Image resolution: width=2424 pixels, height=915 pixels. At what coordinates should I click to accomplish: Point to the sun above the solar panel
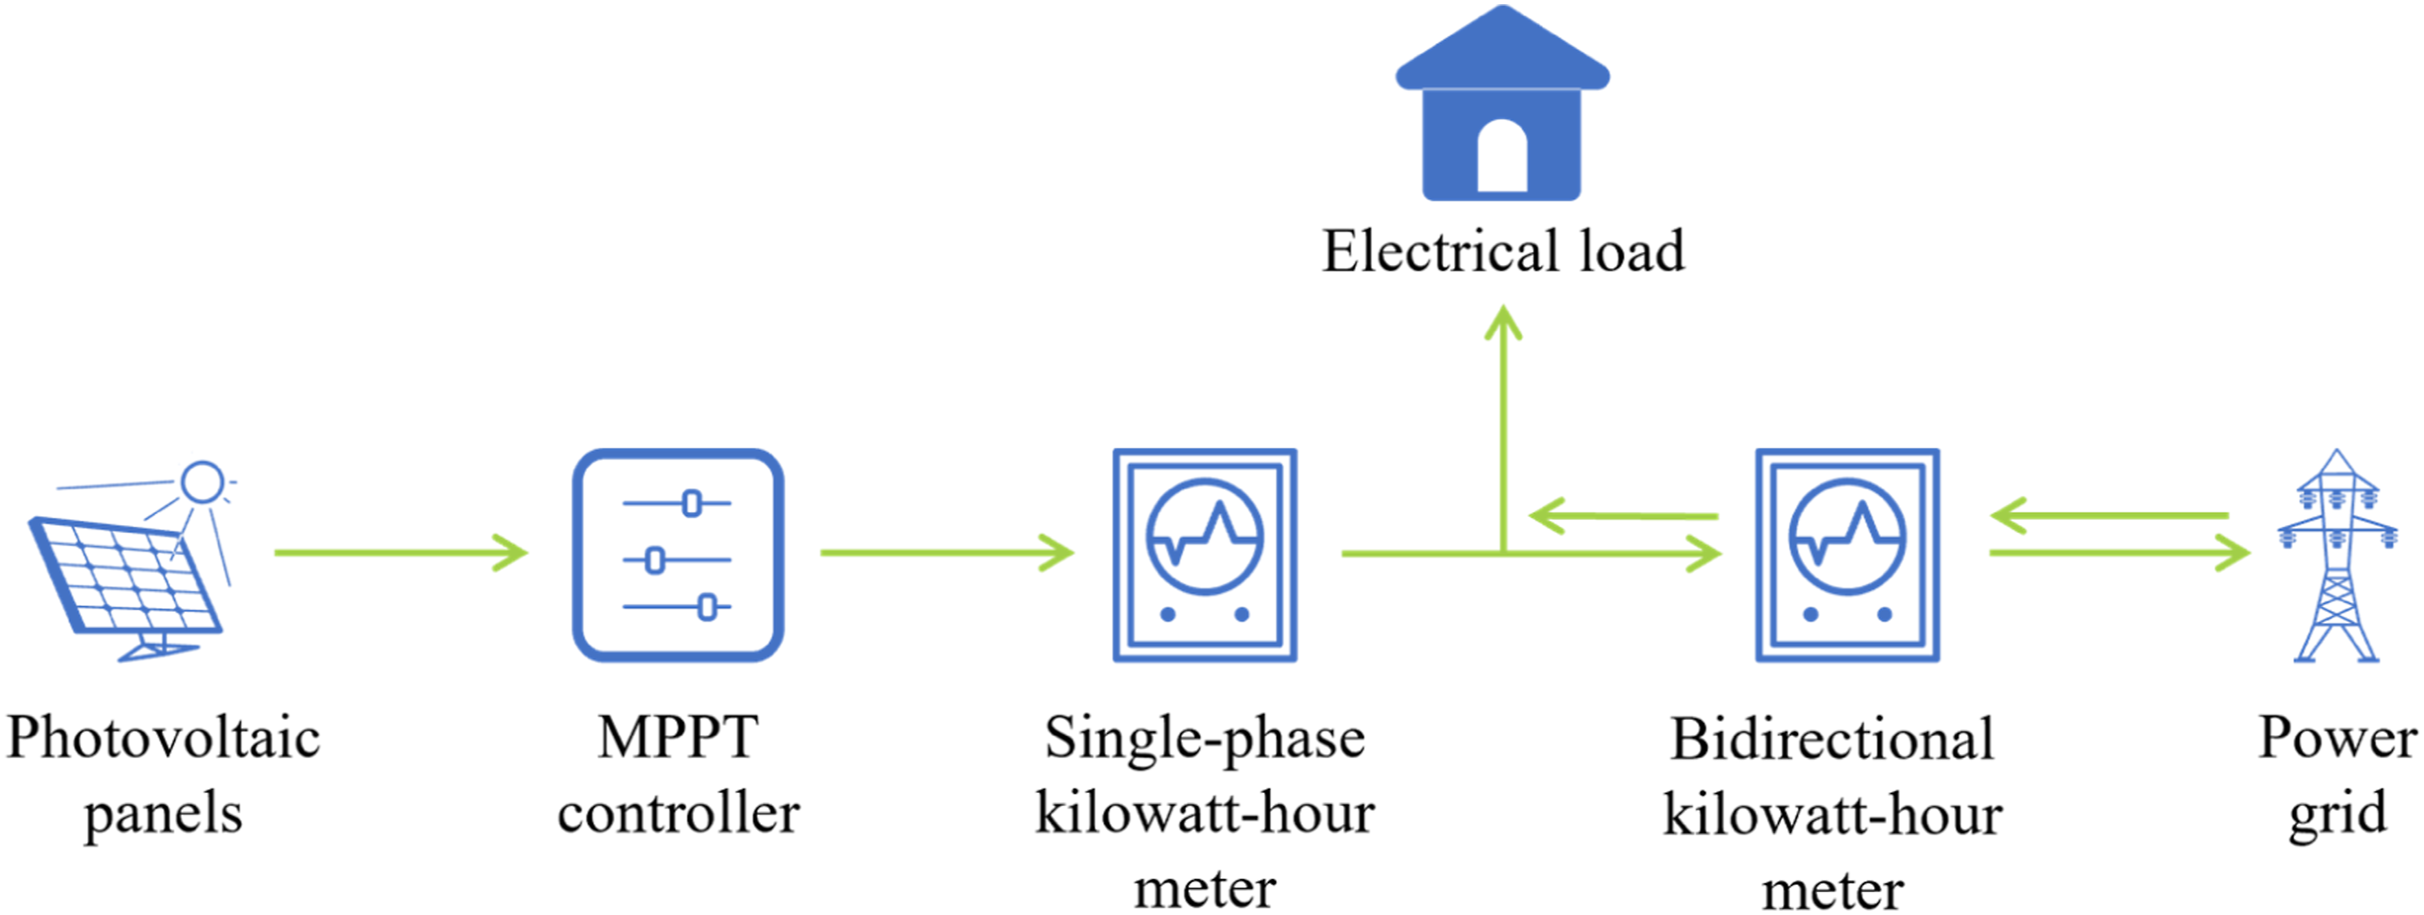tap(203, 483)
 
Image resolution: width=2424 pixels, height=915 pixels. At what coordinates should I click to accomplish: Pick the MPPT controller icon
tap(678, 555)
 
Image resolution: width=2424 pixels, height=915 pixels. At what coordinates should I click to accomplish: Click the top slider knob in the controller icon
tap(691, 503)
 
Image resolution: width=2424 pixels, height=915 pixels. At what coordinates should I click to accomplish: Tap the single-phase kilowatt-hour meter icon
tap(1205, 555)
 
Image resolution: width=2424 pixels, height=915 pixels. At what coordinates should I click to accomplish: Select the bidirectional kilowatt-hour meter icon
tap(1847, 555)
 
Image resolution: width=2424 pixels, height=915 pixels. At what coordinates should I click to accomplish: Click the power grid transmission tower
tap(2336, 555)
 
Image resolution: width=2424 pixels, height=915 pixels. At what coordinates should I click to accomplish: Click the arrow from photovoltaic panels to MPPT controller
tap(401, 552)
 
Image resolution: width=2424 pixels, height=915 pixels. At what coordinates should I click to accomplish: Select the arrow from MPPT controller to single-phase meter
tap(947, 552)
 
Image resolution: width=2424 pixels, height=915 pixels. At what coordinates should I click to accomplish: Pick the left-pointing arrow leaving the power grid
tap(2110, 515)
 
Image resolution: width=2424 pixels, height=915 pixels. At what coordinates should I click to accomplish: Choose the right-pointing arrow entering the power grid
tap(2119, 553)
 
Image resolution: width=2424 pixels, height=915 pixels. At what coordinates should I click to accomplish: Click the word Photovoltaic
tap(163, 737)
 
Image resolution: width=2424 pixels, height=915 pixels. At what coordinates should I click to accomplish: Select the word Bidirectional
tap(1832, 739)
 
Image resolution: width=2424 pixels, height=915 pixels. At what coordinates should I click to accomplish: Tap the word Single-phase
tap(1205, 739)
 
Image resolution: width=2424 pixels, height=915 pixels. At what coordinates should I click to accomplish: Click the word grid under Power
tap(2339, 814)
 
